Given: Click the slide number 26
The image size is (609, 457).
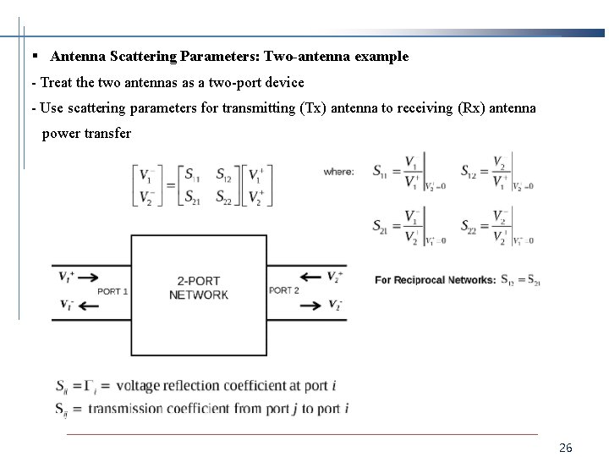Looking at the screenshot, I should coord(566,448).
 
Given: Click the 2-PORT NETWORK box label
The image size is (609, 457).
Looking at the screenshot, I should coord(199,288).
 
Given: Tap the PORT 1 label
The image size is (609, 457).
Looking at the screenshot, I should coord(112,291).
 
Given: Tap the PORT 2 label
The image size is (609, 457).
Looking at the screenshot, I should coord(283,290).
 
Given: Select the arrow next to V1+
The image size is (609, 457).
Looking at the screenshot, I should coord(88,277).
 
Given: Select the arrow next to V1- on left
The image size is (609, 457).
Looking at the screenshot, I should coord(87,306).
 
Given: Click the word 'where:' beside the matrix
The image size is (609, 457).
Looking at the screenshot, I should coord(338,172).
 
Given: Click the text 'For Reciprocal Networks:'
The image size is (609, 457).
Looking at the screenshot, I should coord(435,280).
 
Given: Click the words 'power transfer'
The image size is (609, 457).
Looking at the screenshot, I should coord(86,134).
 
